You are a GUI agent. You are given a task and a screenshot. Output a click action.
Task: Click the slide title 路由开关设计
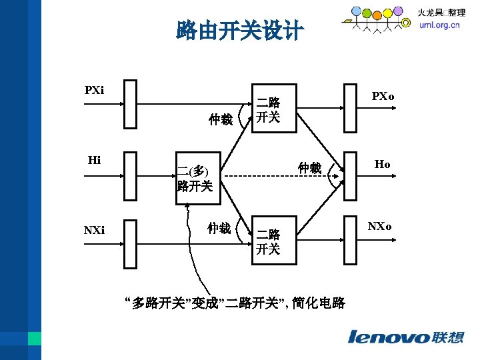coord(239,31)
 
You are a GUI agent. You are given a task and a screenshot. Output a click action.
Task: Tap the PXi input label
coord(94,90)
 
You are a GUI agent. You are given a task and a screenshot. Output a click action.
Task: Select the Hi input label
coord(95,160)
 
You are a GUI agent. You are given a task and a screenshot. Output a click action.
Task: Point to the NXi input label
coord(94,230)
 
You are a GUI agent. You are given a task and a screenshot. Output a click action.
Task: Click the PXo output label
coord(383,96)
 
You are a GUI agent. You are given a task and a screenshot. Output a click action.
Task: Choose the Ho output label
coord(382,163)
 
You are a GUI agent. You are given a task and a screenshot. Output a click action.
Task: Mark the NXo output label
coord(382,227)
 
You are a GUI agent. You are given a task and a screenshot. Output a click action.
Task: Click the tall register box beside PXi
coord(130,104)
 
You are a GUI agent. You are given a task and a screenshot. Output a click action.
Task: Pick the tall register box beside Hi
coord(130,176)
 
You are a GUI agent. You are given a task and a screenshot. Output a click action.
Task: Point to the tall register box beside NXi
coord(130,243)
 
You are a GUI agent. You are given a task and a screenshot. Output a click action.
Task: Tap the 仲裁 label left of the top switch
coord(220,119)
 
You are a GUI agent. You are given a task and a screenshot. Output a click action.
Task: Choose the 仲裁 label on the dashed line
coord(310,167)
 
